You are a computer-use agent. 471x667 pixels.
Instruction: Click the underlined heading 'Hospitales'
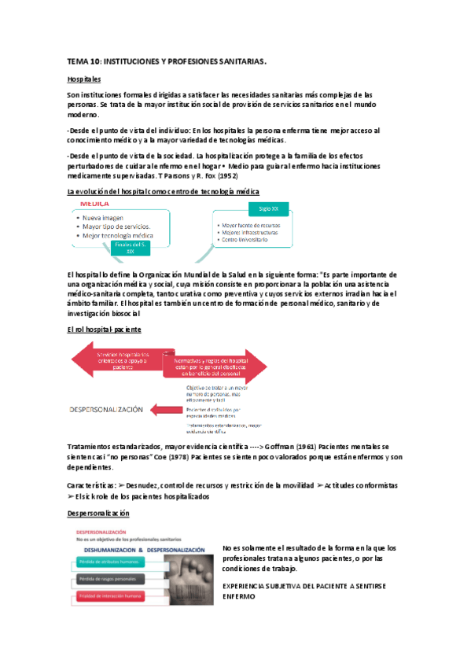(84, 79)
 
